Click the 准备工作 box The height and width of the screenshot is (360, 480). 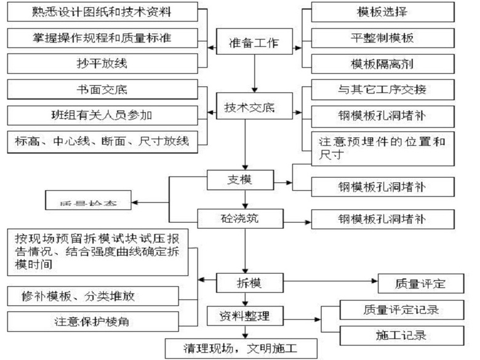254,43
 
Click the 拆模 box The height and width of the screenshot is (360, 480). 248,282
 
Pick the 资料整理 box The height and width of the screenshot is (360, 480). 244,316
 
